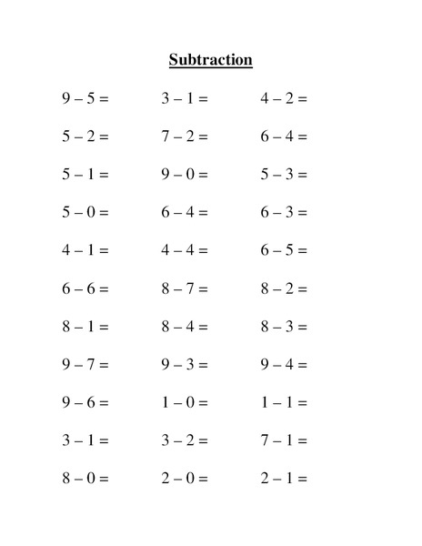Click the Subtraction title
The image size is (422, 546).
210,61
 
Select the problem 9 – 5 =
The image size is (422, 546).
85,98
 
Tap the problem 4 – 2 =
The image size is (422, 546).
284,98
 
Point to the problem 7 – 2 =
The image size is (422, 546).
185,136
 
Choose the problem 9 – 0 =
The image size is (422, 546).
185,174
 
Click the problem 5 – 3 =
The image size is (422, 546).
284,174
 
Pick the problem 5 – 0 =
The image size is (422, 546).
85,212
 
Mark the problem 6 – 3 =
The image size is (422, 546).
284,212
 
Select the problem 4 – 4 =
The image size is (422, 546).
185,250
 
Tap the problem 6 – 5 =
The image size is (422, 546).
284,250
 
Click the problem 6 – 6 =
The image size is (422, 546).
85,288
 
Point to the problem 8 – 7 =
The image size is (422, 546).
185,288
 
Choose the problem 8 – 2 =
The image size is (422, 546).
284,288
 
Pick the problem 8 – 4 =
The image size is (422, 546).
185,327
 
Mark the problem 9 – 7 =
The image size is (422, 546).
85,365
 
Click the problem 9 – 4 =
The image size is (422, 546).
284,365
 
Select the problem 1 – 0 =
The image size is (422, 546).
185,402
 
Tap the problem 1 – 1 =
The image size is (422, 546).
284,402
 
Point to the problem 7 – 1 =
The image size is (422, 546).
284,440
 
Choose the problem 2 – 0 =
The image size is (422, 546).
185,479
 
